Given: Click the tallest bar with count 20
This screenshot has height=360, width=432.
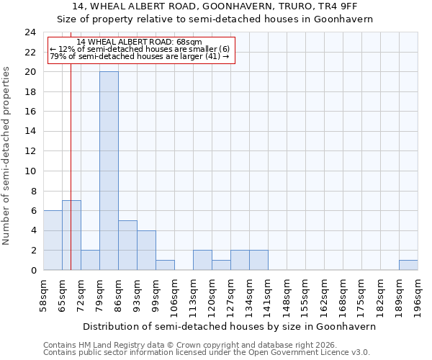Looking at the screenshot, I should click(109, 171).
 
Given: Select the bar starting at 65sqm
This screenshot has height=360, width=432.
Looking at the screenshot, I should click(71, 235).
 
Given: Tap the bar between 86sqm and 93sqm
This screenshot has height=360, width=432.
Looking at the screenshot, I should click(127, 245).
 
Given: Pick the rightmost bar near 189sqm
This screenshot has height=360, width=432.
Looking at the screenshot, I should click(408, 265).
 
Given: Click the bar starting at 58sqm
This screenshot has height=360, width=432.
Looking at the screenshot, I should click(53, 240).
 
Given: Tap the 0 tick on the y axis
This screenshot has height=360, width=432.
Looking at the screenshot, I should click(33, 270).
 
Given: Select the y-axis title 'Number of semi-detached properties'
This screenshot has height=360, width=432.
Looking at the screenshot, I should click(6, 156).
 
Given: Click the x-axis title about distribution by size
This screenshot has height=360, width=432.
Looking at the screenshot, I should click(230, 326).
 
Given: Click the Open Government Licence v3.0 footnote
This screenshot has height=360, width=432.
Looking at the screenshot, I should click(207, 353).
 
